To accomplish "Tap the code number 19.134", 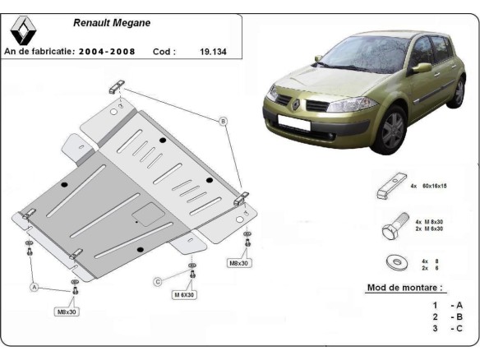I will pos(213,51).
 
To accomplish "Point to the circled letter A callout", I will pos(35,287).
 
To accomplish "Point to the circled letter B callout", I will pos(222,121).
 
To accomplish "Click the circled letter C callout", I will pos(157,282).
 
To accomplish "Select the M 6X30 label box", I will pos(184,294).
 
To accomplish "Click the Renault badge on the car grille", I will pos(295,104).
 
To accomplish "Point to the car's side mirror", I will pos(422,67).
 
